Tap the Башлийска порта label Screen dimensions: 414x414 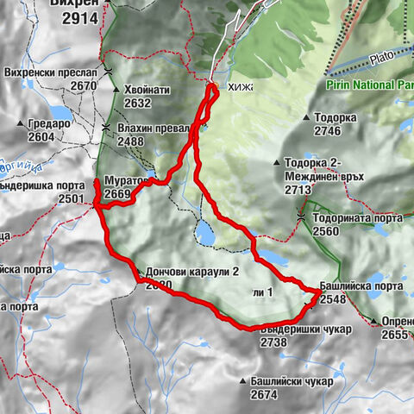361,286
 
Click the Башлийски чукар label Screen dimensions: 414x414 279,381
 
